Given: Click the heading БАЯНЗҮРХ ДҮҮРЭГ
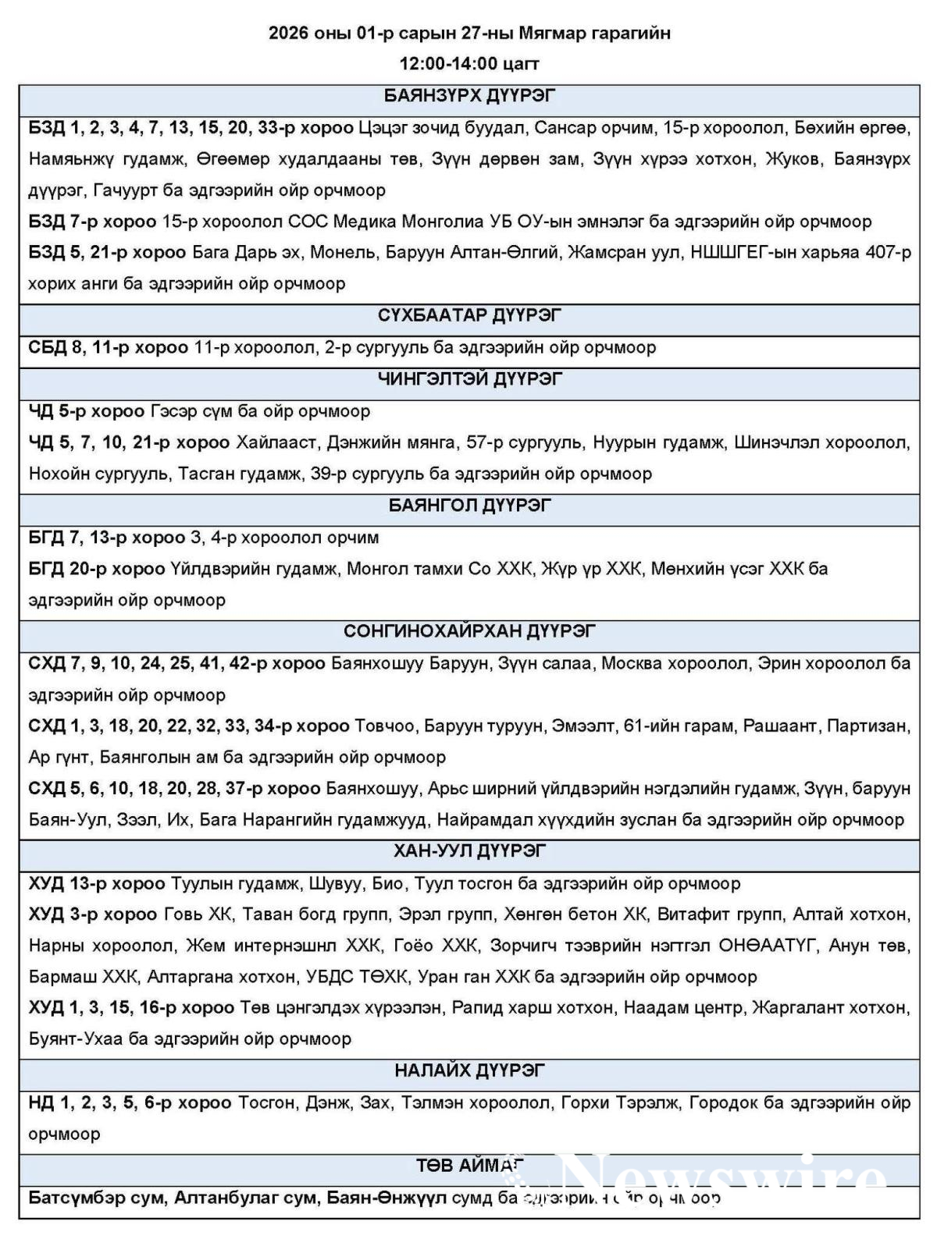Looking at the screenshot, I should [x=469, y=97].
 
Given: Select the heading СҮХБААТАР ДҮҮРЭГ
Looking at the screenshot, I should [x=469, y=316].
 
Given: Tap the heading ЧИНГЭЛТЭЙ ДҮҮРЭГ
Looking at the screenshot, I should [x=469, y=379].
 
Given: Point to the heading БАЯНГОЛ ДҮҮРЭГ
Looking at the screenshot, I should [x=469, y=506].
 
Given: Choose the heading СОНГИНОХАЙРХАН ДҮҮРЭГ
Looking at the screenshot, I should [x=469, y=631].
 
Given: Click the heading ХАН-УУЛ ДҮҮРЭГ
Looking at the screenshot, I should [x=469, y=850].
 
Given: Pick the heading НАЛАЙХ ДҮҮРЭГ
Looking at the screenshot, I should [x=469, y=1070].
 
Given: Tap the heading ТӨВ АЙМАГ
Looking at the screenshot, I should [x=469, y=1166].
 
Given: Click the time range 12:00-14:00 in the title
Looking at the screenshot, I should [x=445, y=64].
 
